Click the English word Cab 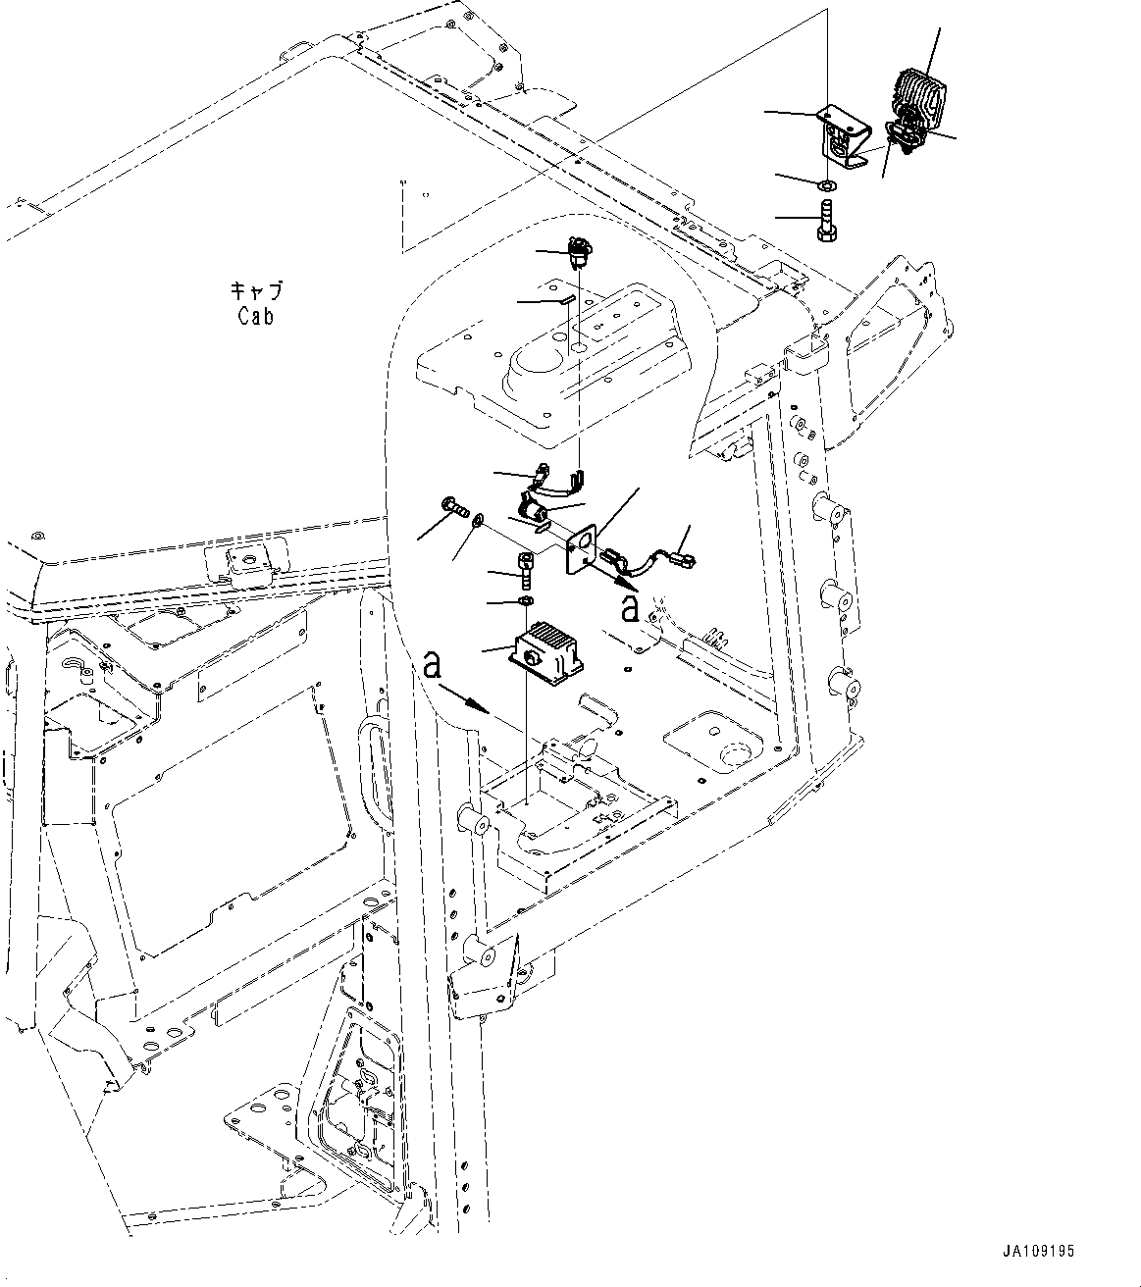click(x=255, y=316)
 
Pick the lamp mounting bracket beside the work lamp click(x=842, y=137)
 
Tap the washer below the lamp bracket click(x=826, y=183)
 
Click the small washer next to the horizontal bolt click(x=477, y=520)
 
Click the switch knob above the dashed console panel click(x=576, y=251)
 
